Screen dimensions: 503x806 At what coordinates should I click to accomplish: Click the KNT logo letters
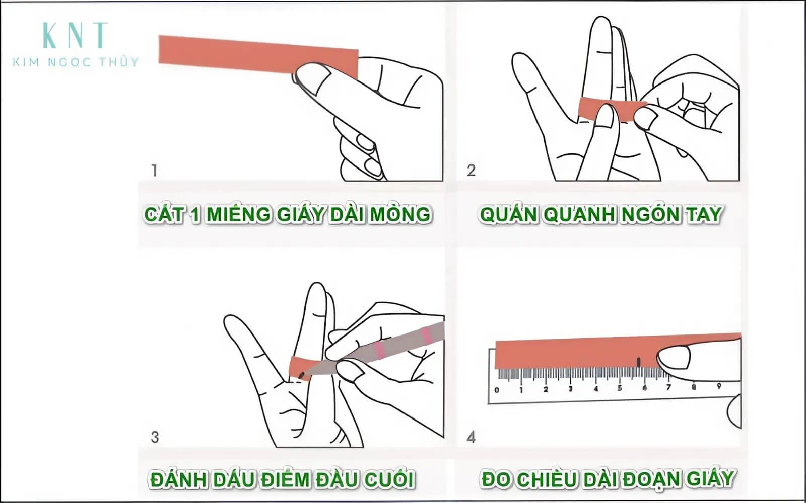[76, 35]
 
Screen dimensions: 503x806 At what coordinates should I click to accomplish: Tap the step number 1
[155, 171]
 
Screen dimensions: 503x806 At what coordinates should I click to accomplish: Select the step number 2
[471, 171]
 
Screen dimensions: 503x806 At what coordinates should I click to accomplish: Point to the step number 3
[155, 437]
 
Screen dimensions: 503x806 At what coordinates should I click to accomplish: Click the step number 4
[471, 437]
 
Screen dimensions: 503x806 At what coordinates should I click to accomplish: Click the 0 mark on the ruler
[497, 390]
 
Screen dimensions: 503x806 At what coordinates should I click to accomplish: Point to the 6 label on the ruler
[644, 388]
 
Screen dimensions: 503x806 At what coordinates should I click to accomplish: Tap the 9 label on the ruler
[719, 386]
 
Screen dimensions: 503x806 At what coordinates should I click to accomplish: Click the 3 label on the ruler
[570, 389]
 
